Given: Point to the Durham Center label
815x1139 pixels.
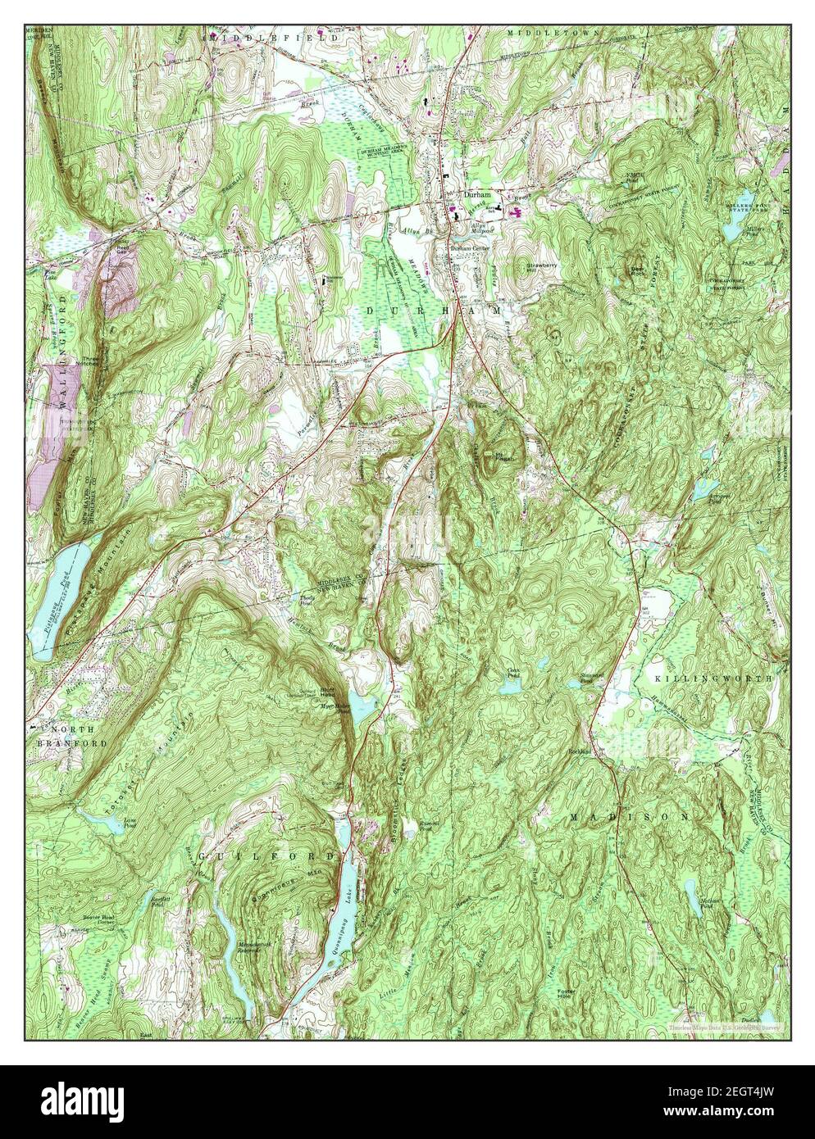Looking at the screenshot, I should point(468,249).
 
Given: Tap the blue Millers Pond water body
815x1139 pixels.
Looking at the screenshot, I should point(731,233).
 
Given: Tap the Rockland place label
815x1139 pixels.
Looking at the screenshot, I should point(581,750).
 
